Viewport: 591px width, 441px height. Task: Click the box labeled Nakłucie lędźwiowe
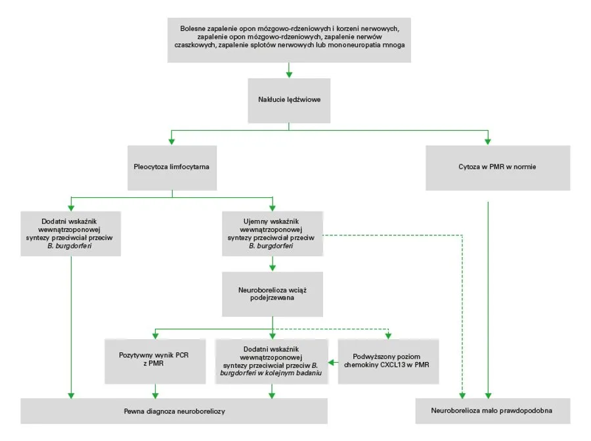pos(289,100)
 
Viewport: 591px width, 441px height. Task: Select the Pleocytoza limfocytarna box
pos(171,167)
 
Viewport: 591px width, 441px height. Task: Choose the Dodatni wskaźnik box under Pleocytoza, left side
pos(69,233)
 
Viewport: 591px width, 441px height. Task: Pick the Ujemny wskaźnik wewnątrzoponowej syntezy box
pos(273,233)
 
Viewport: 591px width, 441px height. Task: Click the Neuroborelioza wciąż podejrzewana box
pos(273,293)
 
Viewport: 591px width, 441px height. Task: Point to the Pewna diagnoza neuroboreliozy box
pos(174,411)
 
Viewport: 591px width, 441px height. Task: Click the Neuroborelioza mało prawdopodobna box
pos(492,411)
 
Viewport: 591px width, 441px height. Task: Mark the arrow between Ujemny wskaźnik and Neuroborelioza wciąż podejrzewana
pos(273,264)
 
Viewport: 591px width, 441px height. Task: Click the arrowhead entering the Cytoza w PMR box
pos(488,140)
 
